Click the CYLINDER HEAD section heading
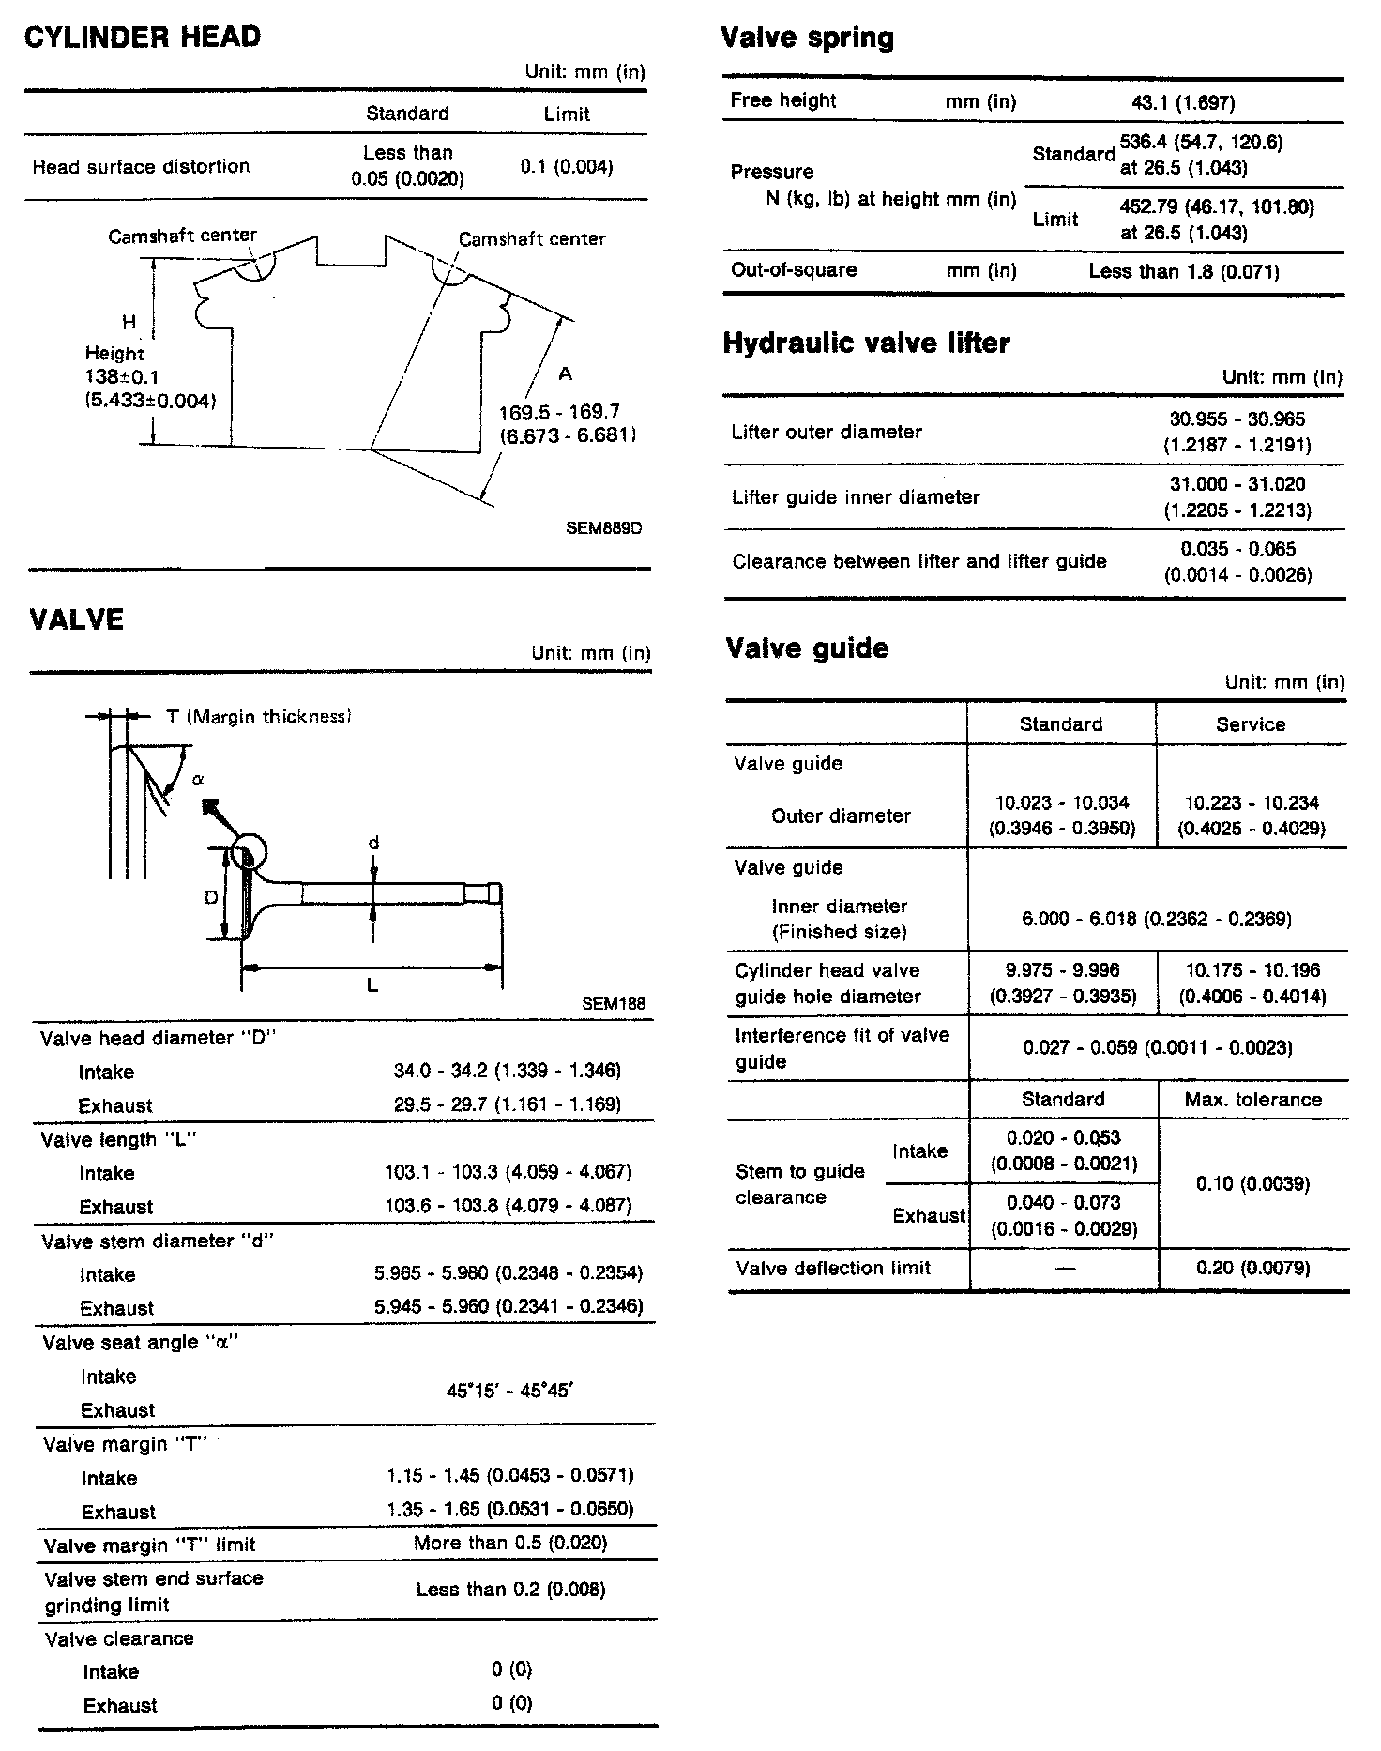pyautogui.click(x=142, y=38)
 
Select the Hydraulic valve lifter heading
pyautogui.click(x=866, y=343)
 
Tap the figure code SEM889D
pyautogui.click(x=604, y=528)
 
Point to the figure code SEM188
pyautogui.click(x=614, y=1003)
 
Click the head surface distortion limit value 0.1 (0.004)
pyautogui.click(x=566, y=167)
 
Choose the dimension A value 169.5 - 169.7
pyautogui.click(x=560, y=412)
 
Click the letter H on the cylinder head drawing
pyautogui.click(x=129, y=323)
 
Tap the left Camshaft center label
pyautogui.click(x=182, y=236)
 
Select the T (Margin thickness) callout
pyautogui.click(x=258, y=717)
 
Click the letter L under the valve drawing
pyautogui.click(x=372, y=985)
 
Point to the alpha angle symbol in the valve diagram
pyautogui.click(x=198, y=779)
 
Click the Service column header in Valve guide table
pyautogui.click(x=1250, y=724)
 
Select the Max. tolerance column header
pyautogui.click(x=1252, y=1100)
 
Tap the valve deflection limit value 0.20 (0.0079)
pyautogui.click(x=1252, y=1269)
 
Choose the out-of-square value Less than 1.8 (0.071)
pyautogui.click(x=1183, y=272)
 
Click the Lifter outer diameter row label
pyautogui.click(x=826, y=433)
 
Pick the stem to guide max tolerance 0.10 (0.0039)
pyautogui.click(x=1252, y=1184)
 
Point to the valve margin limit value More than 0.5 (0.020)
pyautogui.click(x=510, y=1544)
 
